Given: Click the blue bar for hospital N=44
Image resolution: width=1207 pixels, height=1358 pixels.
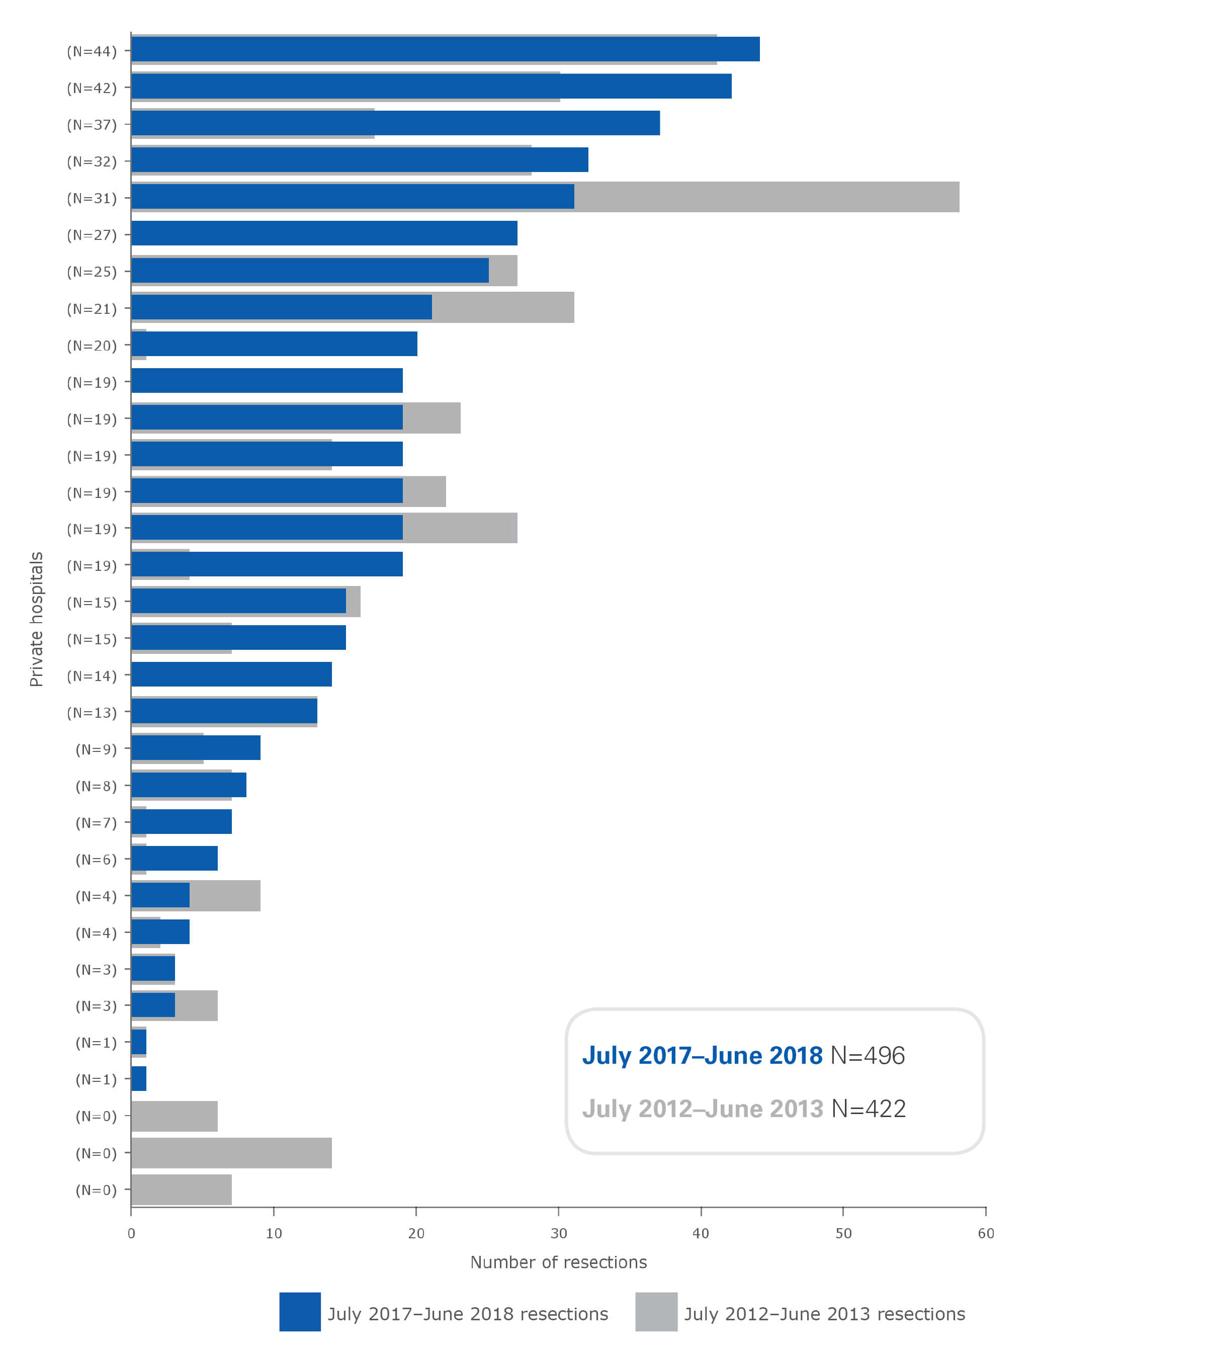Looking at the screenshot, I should point(445,49).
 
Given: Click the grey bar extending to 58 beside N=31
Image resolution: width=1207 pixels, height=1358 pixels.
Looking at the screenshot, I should point(764,197).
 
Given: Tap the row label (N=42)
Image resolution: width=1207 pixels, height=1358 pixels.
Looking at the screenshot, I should point(92,89).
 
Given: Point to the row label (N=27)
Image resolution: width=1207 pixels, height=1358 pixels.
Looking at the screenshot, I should point(92,235).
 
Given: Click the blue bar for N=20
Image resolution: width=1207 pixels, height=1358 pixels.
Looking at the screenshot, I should point(274,344).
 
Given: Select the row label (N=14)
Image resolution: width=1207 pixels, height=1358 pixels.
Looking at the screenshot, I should point(92,676).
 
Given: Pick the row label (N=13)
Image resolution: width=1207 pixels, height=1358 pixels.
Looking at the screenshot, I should point(92,713).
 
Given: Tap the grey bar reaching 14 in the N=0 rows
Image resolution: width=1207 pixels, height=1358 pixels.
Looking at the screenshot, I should point(231,1153).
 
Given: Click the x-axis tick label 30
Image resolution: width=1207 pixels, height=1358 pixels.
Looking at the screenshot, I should point(559,1234).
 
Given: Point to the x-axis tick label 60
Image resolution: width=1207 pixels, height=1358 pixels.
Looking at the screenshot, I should point(986,1234).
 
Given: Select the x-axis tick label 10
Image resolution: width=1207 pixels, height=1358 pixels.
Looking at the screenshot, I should point(274,1234).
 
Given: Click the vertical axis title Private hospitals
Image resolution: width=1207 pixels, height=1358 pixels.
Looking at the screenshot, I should point(37,619).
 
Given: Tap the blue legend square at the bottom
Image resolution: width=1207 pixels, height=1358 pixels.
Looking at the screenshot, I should point(300,1312).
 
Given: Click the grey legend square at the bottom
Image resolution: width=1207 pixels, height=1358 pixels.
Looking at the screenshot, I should point(656,1312).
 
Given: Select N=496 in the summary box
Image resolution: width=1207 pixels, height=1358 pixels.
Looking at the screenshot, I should point(868,1056).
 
